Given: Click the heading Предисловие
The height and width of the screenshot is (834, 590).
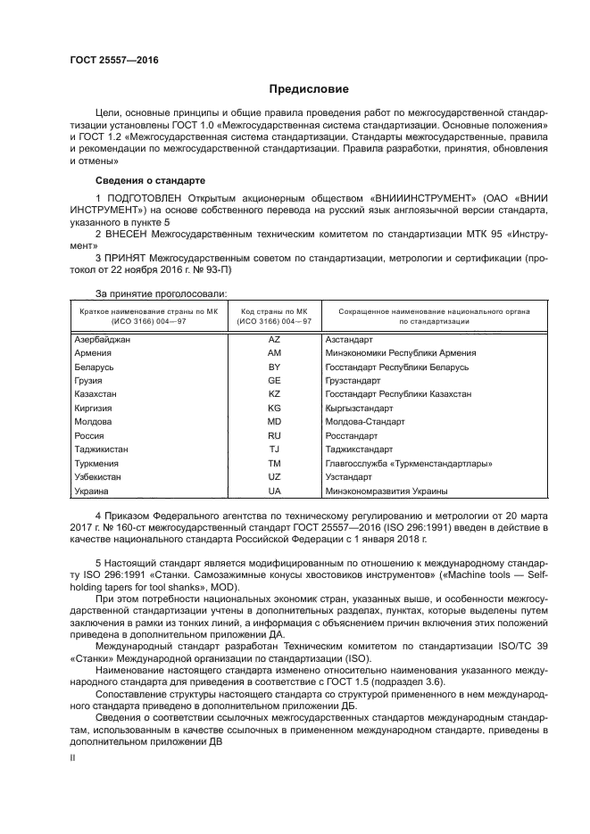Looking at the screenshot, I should click(x=309, y=89).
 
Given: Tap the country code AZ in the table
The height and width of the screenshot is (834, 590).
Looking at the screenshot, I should click(x=274, y=339).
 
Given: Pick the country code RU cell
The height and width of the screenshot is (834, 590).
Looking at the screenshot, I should click(x=274, y=436).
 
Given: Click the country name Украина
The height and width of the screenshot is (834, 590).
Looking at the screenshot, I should click(x=91, y=491).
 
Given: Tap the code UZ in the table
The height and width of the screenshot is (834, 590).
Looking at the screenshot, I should click(x=274, y=477).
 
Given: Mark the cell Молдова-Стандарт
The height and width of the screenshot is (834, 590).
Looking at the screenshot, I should click(x=365, y=422).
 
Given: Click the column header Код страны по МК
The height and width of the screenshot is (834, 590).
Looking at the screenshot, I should click(x=274, y=310).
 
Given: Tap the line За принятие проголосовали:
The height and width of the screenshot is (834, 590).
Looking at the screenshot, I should click(x=161, y=293).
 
